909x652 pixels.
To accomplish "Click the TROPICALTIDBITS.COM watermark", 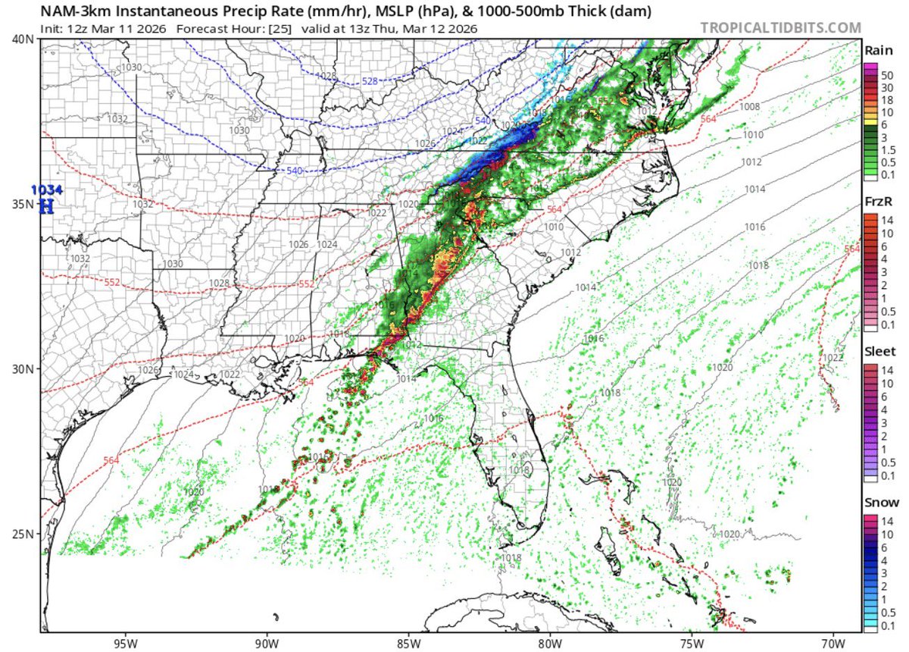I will point(780,28).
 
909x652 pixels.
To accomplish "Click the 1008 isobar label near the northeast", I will point(749,107).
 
